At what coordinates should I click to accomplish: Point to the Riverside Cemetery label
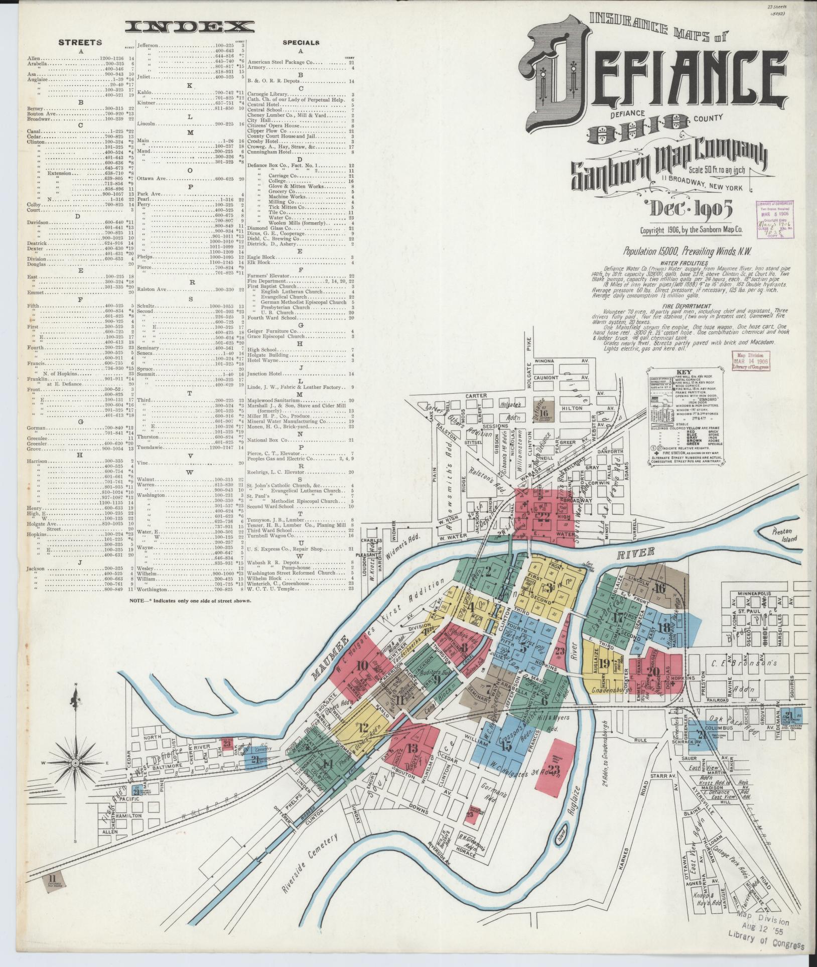(311, 862)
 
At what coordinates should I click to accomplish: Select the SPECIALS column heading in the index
(301, 43)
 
